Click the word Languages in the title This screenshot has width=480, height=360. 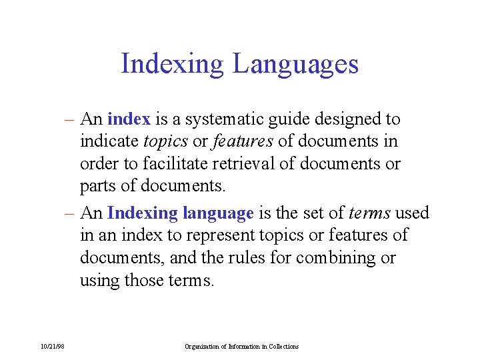tap(295, 65)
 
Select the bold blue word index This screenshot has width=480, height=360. tap(129, 119)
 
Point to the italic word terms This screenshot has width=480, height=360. tap(369, 213)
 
